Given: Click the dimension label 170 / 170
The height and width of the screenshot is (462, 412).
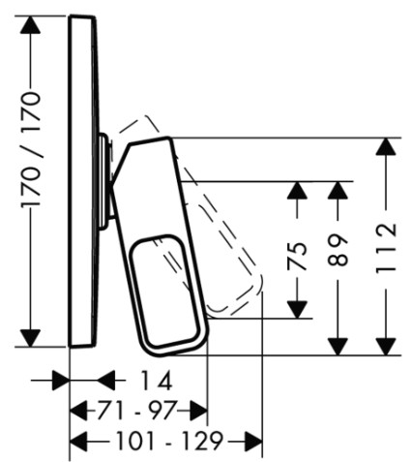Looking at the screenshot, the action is [31, 149].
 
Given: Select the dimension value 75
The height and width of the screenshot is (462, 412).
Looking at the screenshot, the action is [297, 256].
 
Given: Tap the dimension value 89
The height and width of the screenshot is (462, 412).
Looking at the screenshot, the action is [338, 250].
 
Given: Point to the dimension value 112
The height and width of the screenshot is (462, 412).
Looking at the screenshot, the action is [386, 247].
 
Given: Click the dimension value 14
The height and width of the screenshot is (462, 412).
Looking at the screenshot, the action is [157, 381].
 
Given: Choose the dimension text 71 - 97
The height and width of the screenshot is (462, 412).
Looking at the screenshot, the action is [137, 411].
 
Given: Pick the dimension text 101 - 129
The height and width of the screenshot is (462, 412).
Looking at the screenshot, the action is [169, 441].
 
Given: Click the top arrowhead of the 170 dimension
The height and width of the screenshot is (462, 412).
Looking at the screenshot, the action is [30, 24].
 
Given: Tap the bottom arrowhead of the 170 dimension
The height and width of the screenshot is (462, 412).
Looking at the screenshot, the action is [30, 338].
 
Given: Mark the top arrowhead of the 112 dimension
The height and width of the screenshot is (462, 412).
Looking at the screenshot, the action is [386, 146].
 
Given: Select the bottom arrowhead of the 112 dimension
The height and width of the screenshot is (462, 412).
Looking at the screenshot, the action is [386, 347].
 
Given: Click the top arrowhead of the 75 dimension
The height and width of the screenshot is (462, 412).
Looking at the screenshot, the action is [297, 191].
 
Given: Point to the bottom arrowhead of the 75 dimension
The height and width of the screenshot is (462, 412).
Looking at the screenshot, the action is [297, 310].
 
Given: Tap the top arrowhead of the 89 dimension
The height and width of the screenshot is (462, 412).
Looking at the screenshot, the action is [338, 191].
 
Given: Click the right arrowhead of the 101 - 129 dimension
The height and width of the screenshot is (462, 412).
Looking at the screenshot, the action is [253, 441].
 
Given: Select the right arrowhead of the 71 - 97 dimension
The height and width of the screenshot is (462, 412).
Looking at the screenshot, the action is [198, 411].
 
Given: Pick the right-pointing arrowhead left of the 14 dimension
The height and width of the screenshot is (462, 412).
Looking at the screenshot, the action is [61, 381].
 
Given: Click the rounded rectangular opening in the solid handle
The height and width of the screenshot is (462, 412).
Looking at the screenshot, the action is [164, 291].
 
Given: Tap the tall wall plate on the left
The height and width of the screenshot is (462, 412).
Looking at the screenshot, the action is [83, 181].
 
